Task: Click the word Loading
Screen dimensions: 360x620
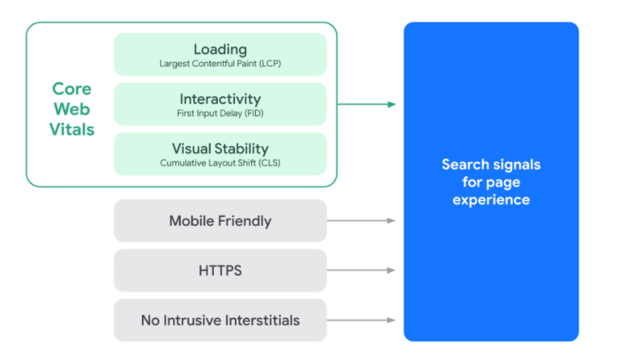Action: point(220,49)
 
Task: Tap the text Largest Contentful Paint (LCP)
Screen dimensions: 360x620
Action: point(220,64)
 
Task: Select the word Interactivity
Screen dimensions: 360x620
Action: point(220,98)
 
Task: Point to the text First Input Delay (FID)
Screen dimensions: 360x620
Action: point(220,114)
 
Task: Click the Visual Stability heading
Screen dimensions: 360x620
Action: point(220,149)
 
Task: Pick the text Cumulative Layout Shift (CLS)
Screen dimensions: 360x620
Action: point(220,163)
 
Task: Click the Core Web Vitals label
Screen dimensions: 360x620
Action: point(73,108)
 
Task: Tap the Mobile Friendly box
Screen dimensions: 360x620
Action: point(220,220)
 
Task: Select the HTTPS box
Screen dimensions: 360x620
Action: point(220,270)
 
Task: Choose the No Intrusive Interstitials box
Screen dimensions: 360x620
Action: point(220,320)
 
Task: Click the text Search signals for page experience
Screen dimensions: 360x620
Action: point(491,182)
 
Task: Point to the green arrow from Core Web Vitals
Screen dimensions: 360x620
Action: point(367,104)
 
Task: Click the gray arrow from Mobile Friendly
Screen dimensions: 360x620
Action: point(361,220)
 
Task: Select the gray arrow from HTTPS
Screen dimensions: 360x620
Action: point(361,270)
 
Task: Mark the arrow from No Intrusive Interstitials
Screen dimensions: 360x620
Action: point(361,320)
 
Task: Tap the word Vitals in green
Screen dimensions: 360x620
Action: point(73,129)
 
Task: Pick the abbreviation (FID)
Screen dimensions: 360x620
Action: point(250,114)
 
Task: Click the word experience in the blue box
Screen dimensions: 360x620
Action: point(491,199)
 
